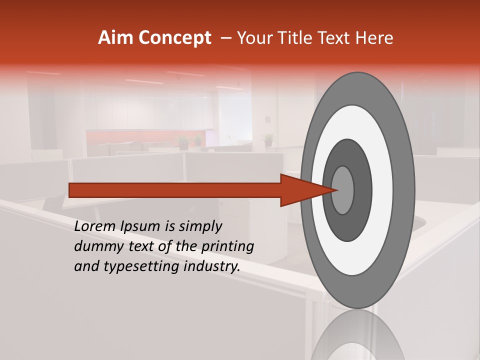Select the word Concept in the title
pyautogui.click(x=174, y=37)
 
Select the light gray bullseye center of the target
pyautogui.click(x=342, y=190)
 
